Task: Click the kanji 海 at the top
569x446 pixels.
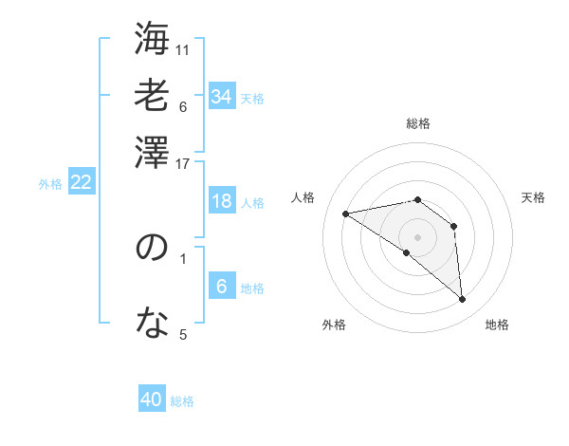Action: click(152, 40)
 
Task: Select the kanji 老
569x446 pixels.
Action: click(152, 96)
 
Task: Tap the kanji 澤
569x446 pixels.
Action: click(152, 153)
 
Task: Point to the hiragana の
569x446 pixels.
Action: click(152, 248)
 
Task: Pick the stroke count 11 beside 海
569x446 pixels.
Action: click(183, 48)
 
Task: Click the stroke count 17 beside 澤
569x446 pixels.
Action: click(183, 162)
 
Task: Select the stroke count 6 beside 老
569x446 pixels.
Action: click(183, 105)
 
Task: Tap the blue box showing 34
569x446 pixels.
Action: click(221, 96)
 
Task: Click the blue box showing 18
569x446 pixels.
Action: click(221, 201)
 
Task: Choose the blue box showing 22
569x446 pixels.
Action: click(81, 182)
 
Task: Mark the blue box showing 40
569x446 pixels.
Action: click(152, 400)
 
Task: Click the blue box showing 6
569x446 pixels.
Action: click(221, 287)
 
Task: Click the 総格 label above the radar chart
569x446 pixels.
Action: click(418, 123)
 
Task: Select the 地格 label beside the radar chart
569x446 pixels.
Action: click(497, 325)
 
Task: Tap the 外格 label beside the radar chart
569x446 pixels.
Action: click(334, 325)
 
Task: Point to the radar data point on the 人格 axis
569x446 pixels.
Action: click(345, 214)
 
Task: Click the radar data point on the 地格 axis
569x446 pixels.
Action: click(463, 300)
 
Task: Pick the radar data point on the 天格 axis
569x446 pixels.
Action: click(454, 226)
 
